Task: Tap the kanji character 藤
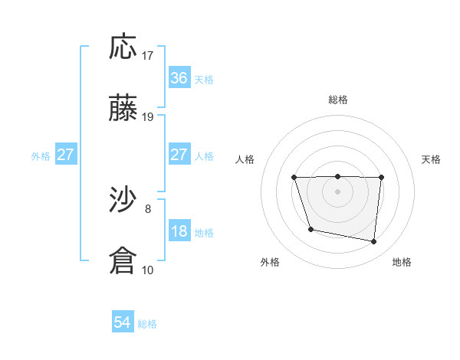pos(123,109)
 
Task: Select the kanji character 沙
pos(123,200)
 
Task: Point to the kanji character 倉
pos(123,260)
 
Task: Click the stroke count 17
pos(148,56)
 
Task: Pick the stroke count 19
pos(148,117)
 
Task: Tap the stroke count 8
pos(148,208)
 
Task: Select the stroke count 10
pos(148,269)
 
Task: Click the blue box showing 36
pos(179,78)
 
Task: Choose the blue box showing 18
pos(179,231)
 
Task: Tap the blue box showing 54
pos(123,322)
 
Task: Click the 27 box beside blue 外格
pos(66,155)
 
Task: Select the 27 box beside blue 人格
pos(179,155)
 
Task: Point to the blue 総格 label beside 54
pos(147,324)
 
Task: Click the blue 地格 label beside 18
pos(204,233)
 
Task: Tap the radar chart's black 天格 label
pos(432,159)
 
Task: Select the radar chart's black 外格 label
pos(270,262)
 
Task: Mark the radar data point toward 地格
pos(374,242)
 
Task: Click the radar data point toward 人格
pos(295,178)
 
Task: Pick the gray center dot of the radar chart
pos(337,191)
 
